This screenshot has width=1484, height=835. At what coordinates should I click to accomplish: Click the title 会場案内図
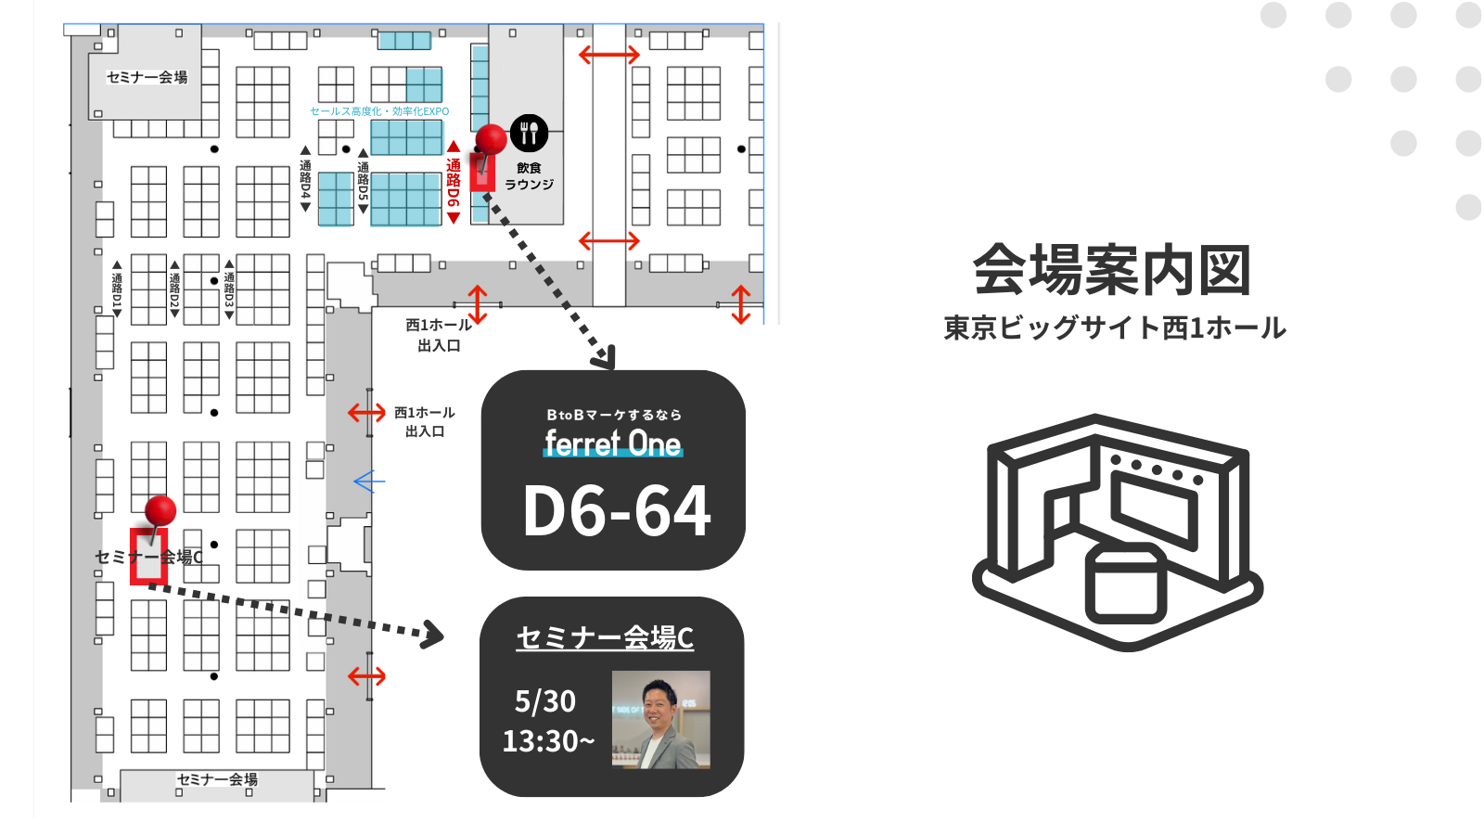click(x=1112, y=270)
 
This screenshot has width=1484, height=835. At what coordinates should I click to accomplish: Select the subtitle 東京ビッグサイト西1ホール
click(x=1114, y=328)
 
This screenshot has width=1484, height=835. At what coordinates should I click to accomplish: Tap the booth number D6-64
click(x=617, y=511)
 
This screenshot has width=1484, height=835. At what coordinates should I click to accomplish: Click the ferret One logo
click(x=613, y=443)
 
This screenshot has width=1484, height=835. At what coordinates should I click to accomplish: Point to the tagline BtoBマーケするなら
click(x=614, y=415)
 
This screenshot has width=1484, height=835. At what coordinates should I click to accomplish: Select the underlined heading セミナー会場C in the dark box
click(x=605, y=638)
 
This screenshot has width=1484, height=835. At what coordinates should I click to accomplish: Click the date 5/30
click(x=545, y=701)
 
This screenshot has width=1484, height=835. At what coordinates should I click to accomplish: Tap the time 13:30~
click(x=548, y=741)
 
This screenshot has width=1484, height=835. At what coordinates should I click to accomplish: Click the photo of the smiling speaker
click(x=660, y=719)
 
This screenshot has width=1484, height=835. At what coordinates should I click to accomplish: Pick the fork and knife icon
click(x=529, y=134)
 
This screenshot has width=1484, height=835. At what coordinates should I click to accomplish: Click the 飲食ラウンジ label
click(x=529, y=176)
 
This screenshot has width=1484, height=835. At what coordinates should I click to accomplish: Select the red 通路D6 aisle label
click(x=453, y=183)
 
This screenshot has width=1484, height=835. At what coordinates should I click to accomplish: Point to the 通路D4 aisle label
click(x=305, y=179)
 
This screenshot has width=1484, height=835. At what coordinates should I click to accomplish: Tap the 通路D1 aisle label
click(x=117, y=289)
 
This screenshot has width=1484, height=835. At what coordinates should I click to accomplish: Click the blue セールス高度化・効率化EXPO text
click(x=379, y=111)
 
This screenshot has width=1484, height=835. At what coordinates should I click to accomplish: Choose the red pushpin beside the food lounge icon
click(x=491, y=140)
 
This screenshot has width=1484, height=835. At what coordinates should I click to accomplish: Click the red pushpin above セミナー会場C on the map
click(x=160, y=511)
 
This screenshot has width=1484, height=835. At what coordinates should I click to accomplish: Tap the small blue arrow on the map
click(x=368, y=482)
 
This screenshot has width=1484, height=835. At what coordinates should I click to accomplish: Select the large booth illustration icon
click(x=1118, y=532)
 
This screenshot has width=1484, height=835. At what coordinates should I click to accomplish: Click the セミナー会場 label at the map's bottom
click(x=217, y=779)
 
